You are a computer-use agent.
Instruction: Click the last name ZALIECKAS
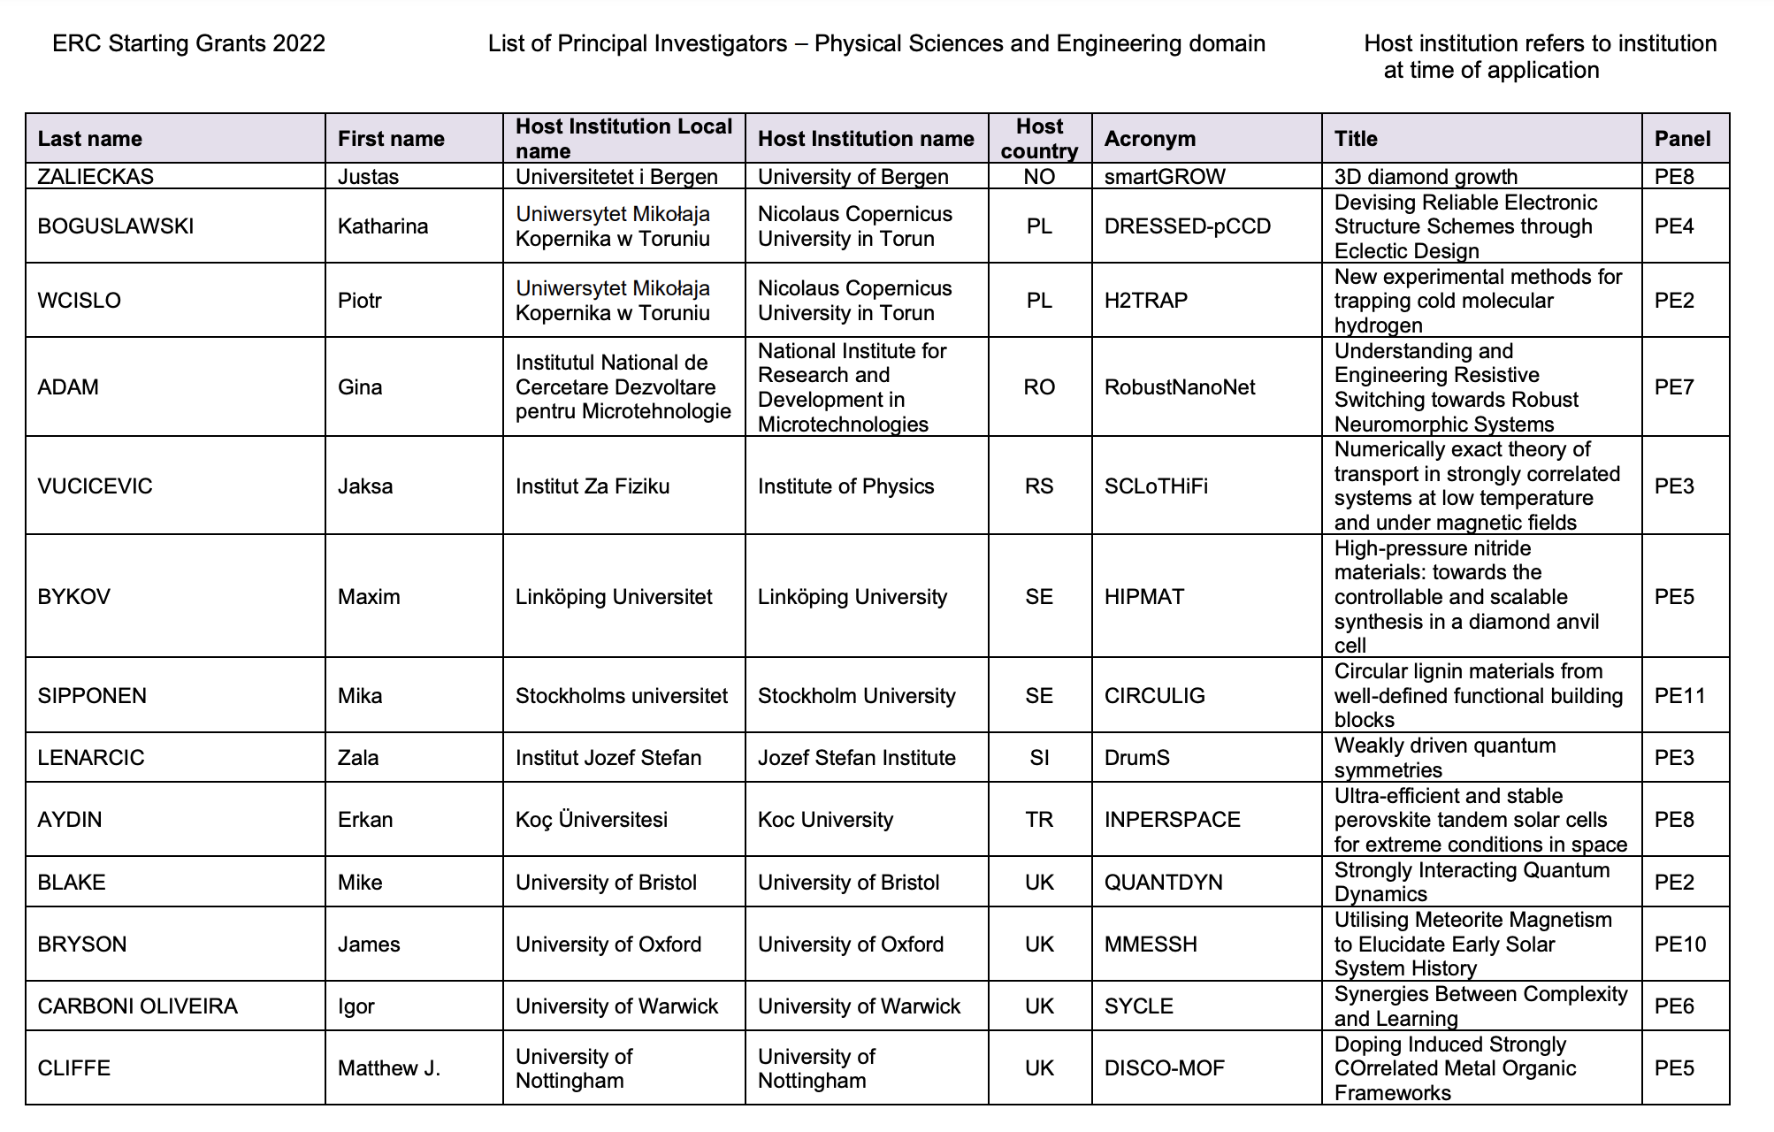coord(96,176)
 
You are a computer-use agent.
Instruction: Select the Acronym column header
coord(1150,139)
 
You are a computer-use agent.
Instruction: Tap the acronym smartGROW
coord(1165,176)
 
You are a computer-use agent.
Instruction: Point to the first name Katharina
coord(383,226)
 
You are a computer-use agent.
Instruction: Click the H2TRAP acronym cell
coord(1146,301)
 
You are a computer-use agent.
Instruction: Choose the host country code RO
coord(1039,387)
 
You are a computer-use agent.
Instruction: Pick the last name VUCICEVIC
coord(95,486)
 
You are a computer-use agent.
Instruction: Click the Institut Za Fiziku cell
coord(593,486)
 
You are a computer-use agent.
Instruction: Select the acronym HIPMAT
coord(1144,597)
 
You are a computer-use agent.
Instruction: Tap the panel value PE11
coord(1679,696)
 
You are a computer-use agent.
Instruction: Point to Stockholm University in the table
coord(856,696)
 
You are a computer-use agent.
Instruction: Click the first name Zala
coord(358,758)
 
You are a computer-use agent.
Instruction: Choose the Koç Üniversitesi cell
coord(592,820)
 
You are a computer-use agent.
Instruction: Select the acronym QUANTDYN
coord(1164,883)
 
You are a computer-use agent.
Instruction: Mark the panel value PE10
coord(1680,945)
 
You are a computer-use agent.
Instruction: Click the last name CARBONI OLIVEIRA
coord(137,1006)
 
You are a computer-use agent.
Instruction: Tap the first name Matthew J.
coord(389,1068)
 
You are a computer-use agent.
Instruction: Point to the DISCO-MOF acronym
coord(1165,1068)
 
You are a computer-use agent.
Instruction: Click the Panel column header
coord(1682,139)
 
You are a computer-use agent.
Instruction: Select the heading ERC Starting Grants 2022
coord(188,43)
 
